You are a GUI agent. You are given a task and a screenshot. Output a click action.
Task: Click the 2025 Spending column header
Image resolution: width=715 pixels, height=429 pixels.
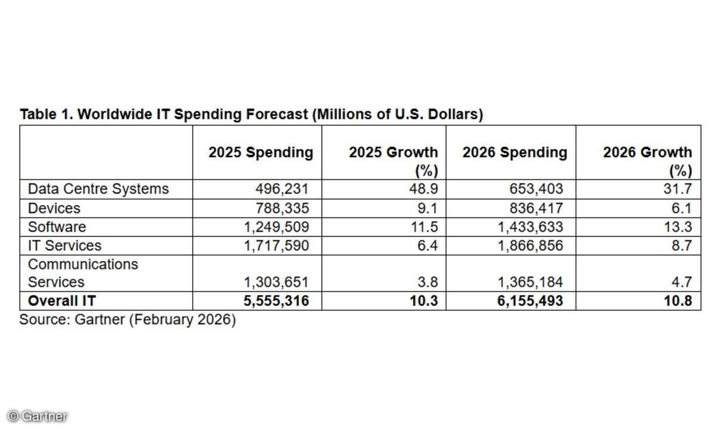click(x=261, y=153)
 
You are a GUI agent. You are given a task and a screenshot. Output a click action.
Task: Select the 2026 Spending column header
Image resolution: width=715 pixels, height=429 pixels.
click(x=515, y=153)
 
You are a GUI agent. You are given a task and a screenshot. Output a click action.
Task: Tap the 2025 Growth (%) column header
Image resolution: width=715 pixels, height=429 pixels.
click(x=393, y=161)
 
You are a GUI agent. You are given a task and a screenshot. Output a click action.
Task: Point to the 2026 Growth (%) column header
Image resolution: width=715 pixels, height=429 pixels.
click(x=647, y=161)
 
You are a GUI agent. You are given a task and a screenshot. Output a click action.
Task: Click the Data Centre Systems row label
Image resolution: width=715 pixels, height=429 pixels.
click(x=98, y=189)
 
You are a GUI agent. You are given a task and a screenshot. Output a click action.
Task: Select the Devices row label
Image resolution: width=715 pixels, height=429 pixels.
click(x=54, y=209)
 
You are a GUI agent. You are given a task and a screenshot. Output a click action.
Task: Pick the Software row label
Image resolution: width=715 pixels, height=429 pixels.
click(x=57, y=227)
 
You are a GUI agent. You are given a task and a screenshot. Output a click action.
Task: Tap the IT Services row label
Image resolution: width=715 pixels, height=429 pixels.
click(x=65, y=245)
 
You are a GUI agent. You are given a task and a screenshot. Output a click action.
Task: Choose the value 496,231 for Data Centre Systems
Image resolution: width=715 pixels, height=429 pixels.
click(x=283, y=189)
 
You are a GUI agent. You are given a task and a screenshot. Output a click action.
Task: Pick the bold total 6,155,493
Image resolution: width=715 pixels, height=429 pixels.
click(x=530, y=301)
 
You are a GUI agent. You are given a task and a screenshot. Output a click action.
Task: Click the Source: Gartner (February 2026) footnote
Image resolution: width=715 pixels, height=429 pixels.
click(x=128, y=320)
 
